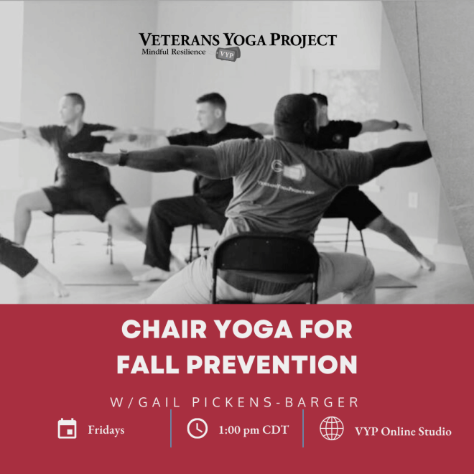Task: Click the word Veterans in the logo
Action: [173, 39]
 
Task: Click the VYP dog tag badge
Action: [225, 54]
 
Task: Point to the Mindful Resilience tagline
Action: [173, 52]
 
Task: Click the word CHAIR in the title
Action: [158, 330]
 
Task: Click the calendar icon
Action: [67, 429]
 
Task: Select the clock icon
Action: [197, 429]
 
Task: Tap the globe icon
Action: [331, 429]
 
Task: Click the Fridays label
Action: [106, 430]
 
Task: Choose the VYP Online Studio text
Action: [403, 431]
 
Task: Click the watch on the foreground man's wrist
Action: [124, 157]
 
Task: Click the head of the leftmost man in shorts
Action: [74, 108]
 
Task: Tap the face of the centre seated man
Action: [213, 111]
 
